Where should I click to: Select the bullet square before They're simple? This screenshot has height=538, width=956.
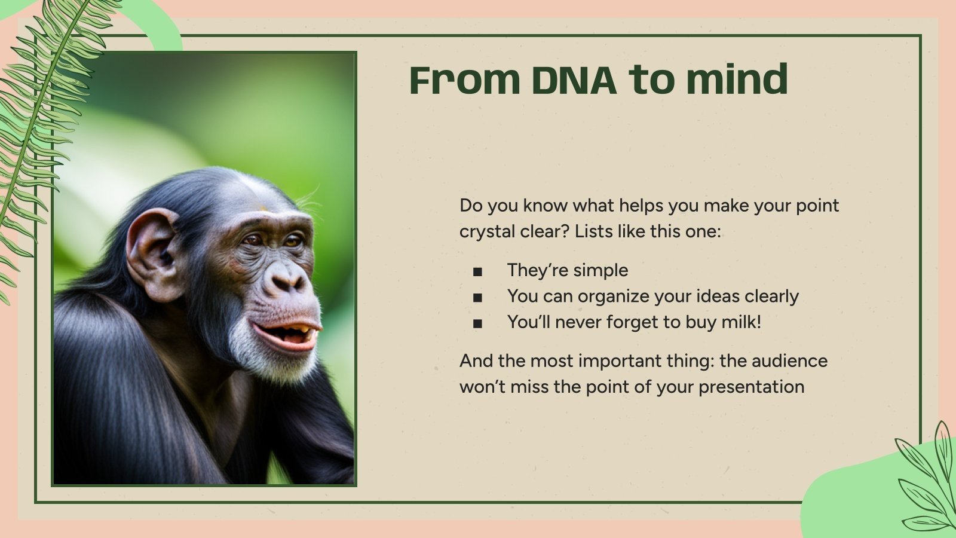point(477,272)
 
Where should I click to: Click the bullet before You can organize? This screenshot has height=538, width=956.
point(477,298)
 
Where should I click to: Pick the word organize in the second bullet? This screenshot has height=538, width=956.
point(614,296)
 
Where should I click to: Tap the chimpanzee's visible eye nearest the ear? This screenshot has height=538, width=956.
point(253,240)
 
